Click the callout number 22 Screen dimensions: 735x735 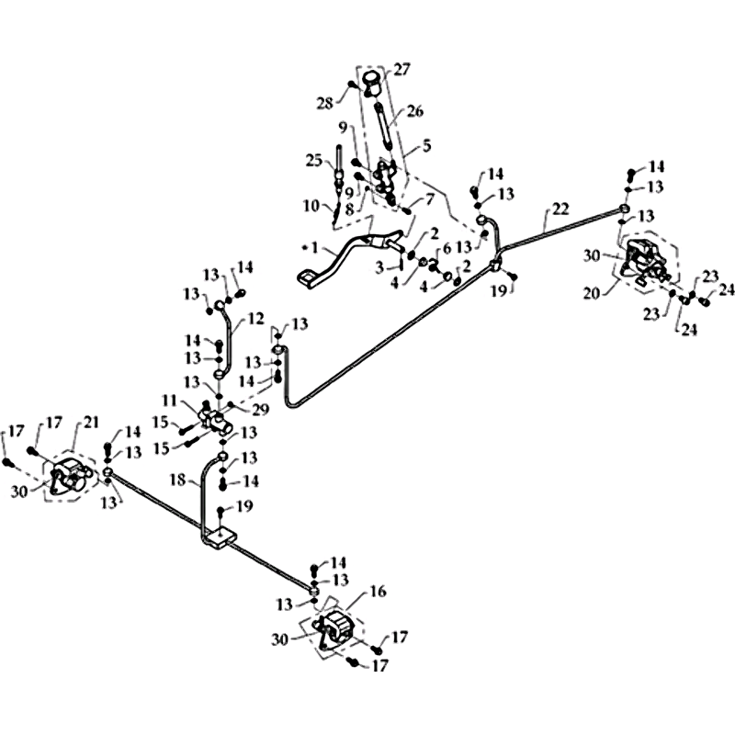click(x=560, y=209)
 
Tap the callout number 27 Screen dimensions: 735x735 click(x=401, y=70)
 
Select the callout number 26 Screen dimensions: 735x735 click(x=414, y=111)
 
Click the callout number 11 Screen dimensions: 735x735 click(x=170, y=401)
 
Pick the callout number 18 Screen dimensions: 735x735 click(x=178, y=481)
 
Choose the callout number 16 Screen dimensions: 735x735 click(x=378, y=592)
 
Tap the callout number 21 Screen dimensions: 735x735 click(x=90, y=422)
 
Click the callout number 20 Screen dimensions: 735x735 click(x=593, y=294)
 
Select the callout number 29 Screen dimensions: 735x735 click(x=260, y=410)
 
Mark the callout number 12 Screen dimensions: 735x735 click(x=256, y=319)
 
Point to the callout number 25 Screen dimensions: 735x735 click(x=314, y=161)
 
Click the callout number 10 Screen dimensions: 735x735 click(x=311, y=206)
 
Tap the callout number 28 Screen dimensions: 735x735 click(x=325, y=103)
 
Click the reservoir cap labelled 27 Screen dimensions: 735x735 click(x=373, y=83)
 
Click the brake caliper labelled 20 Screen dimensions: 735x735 click(x=642, y=261)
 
